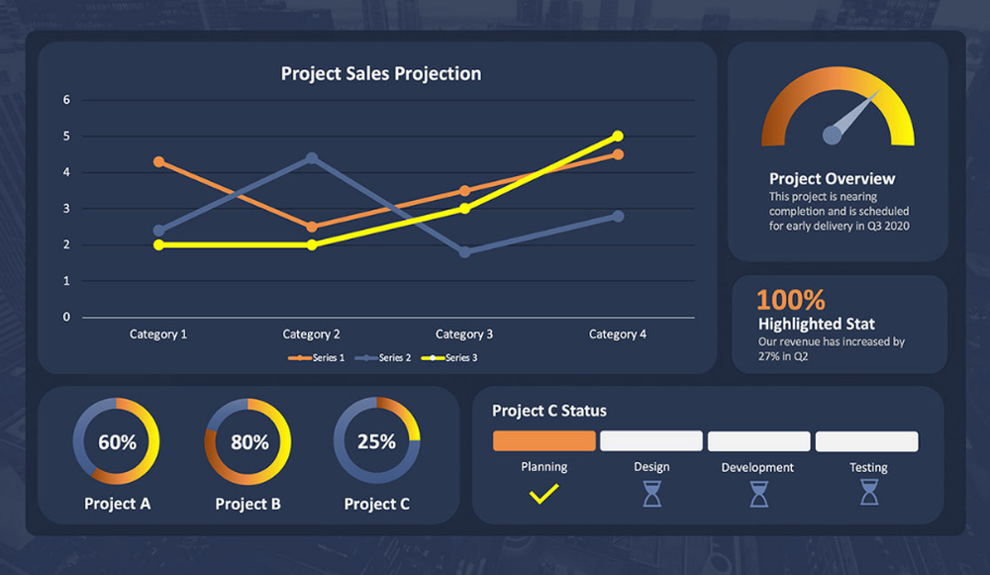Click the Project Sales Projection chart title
coord(381,74)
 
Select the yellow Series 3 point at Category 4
coord(618,137)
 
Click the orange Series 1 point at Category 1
coord(158,161)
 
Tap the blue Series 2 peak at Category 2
coord(312,157)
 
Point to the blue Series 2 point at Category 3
coord(464,252)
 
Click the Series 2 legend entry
coord(388,358)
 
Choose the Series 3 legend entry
coord(456,358)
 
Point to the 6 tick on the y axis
coord(67,100)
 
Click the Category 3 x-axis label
coord(464,335)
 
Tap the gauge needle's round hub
coord(834,134)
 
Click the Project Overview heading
coord(832,179)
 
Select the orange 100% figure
coord(790,300)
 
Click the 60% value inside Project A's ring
coord(117,442)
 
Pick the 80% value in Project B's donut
coord(249,442)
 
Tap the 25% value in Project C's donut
coord(376,441)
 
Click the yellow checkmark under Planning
coord(544,493)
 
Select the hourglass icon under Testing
coord(868,492)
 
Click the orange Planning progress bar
coord(544,440)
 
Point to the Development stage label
coord(757,467)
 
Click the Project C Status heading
coord(548,411)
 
